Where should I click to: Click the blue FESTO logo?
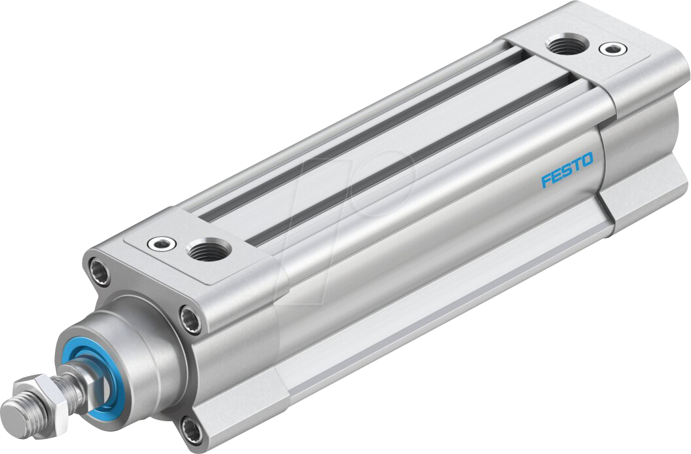click(567, 170)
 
